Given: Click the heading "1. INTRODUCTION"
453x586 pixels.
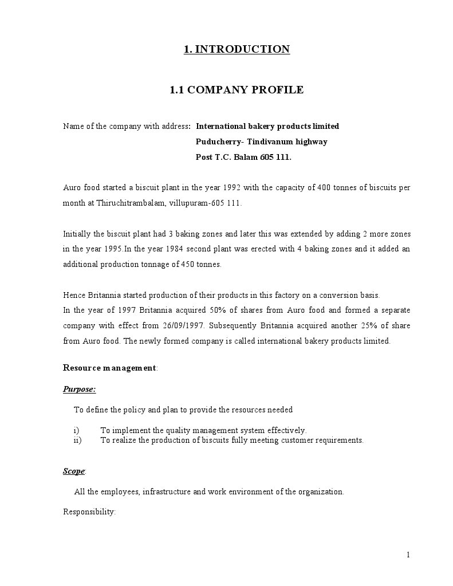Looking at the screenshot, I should point(237,49).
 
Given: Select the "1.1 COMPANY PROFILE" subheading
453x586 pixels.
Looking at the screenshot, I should point(237,90).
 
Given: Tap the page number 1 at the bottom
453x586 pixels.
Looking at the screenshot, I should point(408,554).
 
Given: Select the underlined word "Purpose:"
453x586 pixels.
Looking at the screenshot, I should point(79,389).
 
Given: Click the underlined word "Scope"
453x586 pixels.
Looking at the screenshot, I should point(73,471).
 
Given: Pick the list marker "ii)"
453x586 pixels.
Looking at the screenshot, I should point(77,440).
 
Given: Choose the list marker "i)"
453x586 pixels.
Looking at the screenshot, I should point(76,430).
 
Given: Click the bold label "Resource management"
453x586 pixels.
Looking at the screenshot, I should point(109,368).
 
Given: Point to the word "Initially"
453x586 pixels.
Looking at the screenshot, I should point(76,234).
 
